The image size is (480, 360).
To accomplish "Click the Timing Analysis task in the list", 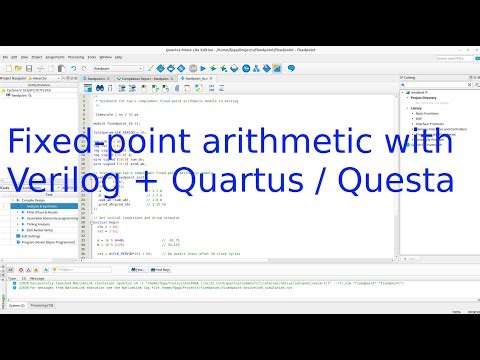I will point(54,225).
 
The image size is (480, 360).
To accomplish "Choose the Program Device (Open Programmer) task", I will point(64,243).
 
